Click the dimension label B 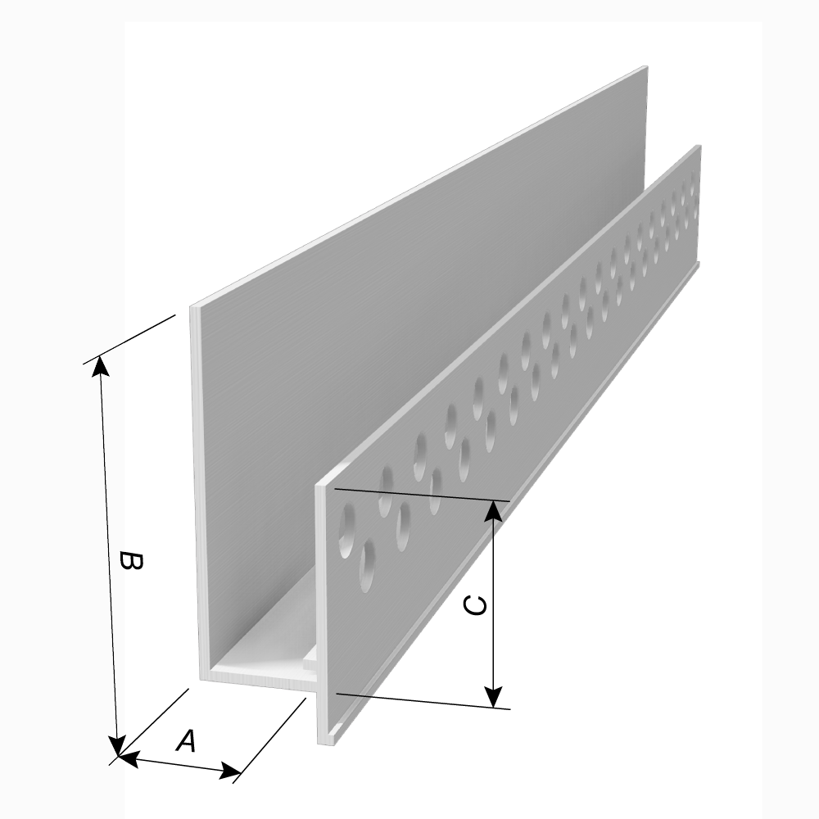coord(130,560)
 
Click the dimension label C coord(475,605)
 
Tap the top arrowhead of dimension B coord(101,365)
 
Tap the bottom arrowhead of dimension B coord(118,744)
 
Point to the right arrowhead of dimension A coord(230,770)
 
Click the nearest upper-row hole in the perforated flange coord(346,528)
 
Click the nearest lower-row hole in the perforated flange coord(368,566)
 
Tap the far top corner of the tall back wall coord(647,66)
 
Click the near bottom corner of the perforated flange coord(318,744)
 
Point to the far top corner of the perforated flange coord(699,146)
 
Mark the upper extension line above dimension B coord(129,339)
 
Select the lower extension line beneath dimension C coord(423,702)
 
